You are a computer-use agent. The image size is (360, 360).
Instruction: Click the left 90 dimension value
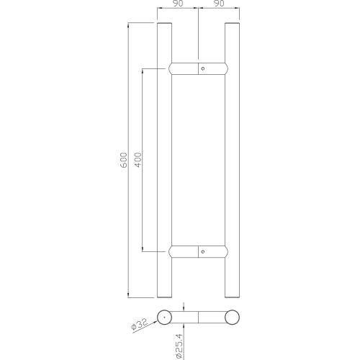pos(179,5)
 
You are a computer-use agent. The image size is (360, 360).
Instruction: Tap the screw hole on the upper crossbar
pos(203,68)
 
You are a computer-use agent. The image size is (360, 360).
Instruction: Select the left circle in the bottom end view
pos(165,318)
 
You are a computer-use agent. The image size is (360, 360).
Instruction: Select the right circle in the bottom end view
pos(232,318)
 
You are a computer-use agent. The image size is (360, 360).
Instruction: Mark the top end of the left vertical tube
pos(165,24)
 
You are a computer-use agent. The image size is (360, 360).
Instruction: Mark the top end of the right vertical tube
pos(232,24)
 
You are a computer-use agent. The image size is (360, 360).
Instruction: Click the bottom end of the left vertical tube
pos(165,295)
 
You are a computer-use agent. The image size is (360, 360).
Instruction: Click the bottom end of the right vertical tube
pos(232,295)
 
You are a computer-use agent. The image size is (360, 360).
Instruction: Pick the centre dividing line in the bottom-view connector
pos(199,318)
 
